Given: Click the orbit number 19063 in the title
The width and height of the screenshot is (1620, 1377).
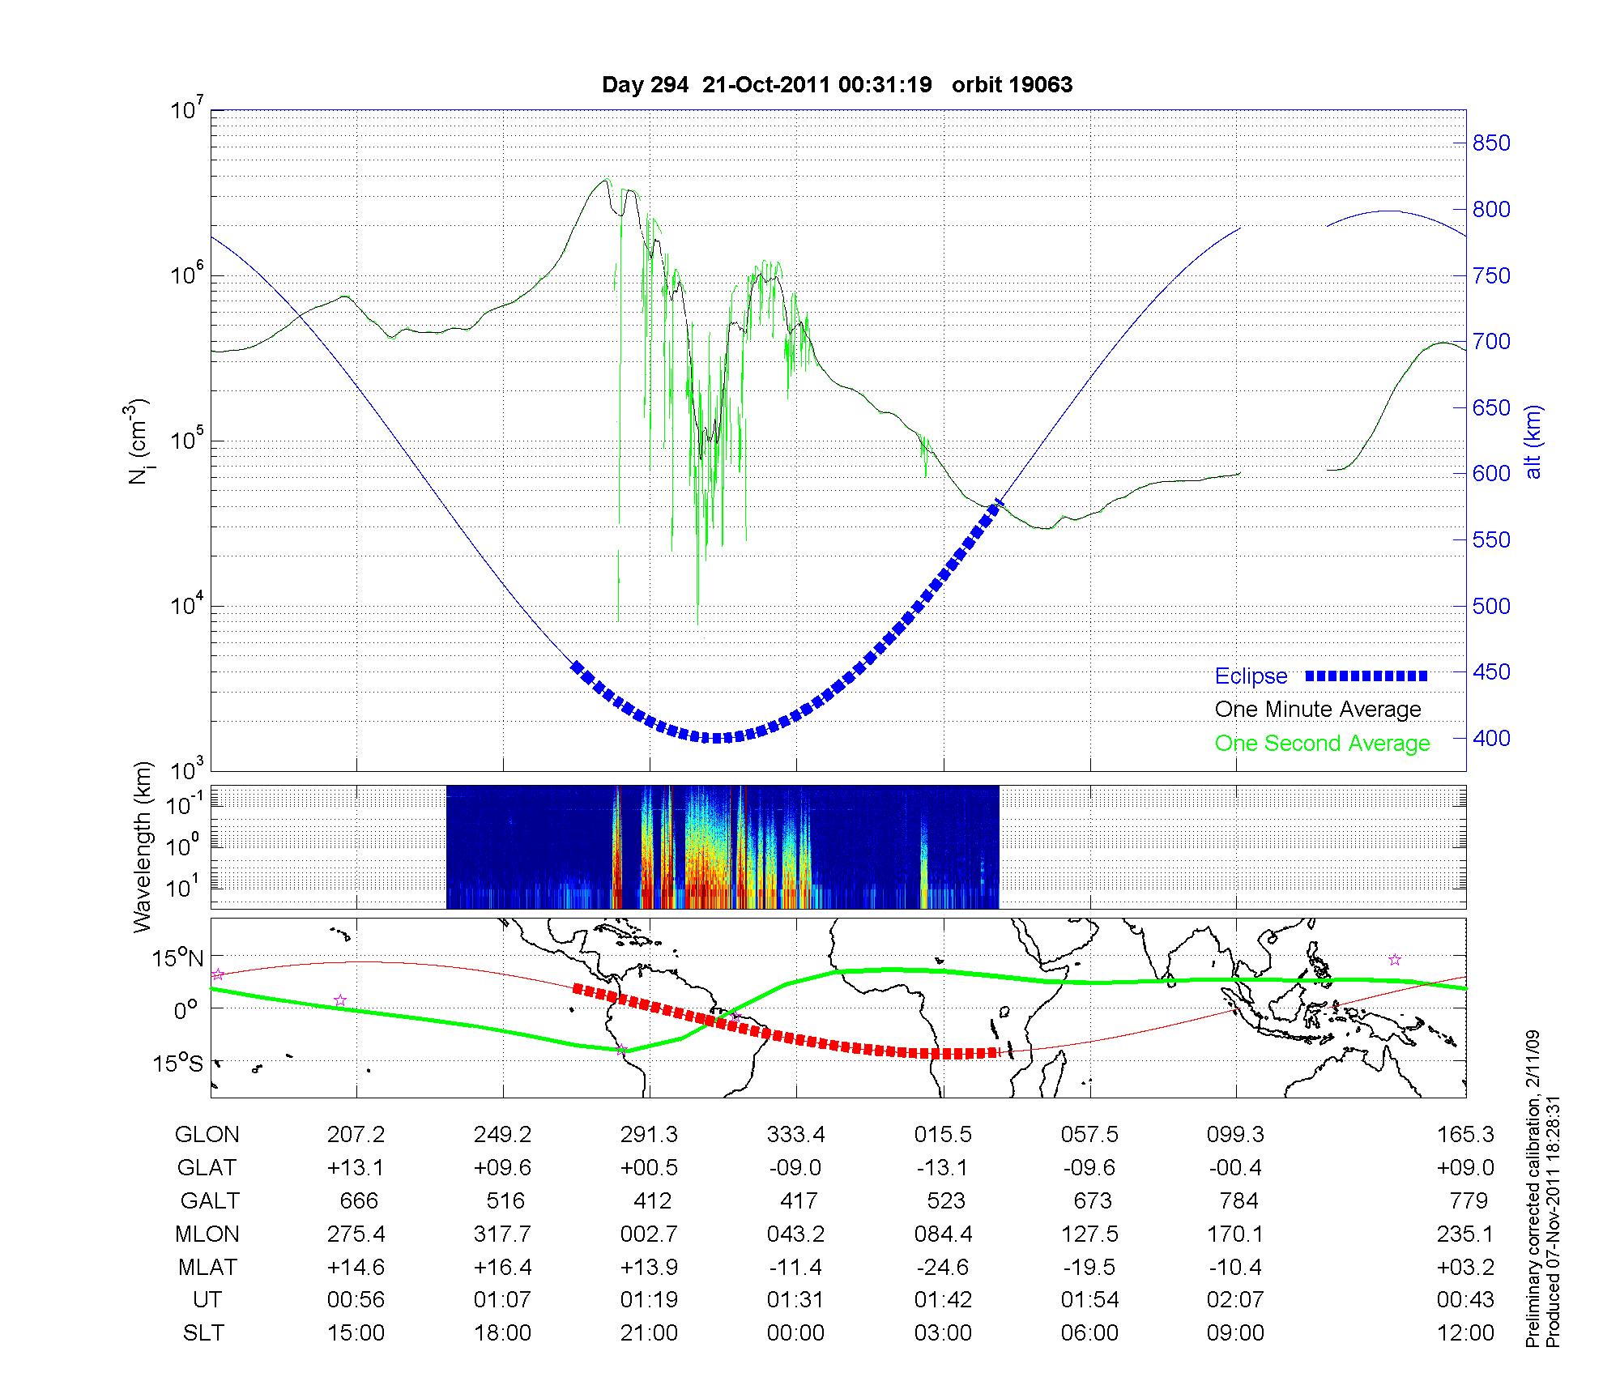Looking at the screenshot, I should tap(1013, 84).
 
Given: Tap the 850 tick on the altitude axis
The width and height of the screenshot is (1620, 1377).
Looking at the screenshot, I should tap(1491, 143).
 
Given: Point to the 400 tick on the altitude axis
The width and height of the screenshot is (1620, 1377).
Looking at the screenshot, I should tap(1491, 738).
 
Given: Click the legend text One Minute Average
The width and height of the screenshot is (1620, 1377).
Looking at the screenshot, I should tap(1318, 710).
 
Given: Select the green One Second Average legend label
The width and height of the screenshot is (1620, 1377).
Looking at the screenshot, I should tap(1322, 744).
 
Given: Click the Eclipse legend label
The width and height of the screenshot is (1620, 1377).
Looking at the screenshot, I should tap(1251, 676).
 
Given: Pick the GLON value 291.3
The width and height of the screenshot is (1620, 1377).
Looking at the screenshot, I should tap(650, 1134).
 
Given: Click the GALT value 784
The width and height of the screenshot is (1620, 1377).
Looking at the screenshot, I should tap(1238, 1200).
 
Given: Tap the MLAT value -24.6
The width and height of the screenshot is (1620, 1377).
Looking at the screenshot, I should tap(943, 1267).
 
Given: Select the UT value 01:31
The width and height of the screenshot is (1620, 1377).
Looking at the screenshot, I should tap(795, 1300).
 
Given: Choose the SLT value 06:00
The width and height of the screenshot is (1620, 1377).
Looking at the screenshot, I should tap(1090, 1332).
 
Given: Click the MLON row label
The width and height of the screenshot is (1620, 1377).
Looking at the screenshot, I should tap(207, 1234).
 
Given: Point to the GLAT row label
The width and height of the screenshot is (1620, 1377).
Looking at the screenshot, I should tap(207, 1167).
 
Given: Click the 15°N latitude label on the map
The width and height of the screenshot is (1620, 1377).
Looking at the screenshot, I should tap(178, 959).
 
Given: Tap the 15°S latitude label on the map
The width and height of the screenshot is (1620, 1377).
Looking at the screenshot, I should tap(179, 1063).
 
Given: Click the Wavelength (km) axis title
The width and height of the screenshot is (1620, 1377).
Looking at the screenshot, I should tap(143, 846).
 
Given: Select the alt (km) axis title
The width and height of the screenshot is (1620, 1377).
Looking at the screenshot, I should tap(1533, 441).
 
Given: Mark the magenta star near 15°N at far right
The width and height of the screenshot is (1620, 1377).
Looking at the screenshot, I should tap(1395, 960).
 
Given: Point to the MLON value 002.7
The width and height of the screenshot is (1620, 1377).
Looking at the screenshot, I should tap(650, 1234).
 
